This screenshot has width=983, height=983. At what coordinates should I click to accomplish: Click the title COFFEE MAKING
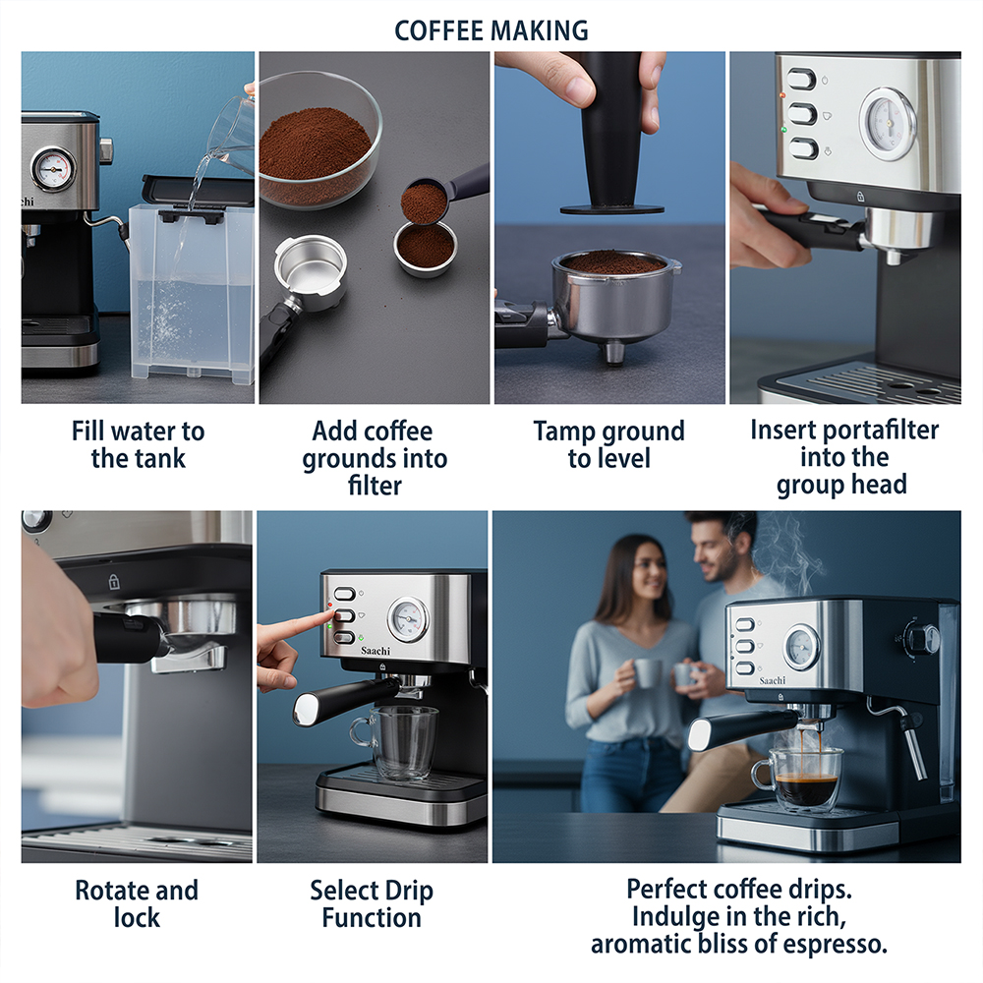(x=491, y=30)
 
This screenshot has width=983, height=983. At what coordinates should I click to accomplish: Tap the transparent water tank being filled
(x=192, y=292)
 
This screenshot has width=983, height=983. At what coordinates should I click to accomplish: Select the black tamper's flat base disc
(x=611, y=208)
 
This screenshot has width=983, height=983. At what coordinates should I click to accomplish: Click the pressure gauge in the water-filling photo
(x=53, y=169)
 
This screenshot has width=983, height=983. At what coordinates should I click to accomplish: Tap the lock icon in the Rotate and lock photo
(x=113, y=581)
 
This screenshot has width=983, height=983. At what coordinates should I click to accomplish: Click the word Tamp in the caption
(x=560, y=432)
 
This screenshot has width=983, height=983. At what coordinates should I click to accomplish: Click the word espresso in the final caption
(x=830, y=944)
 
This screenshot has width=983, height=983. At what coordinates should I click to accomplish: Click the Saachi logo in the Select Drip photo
(x=375, y=651)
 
